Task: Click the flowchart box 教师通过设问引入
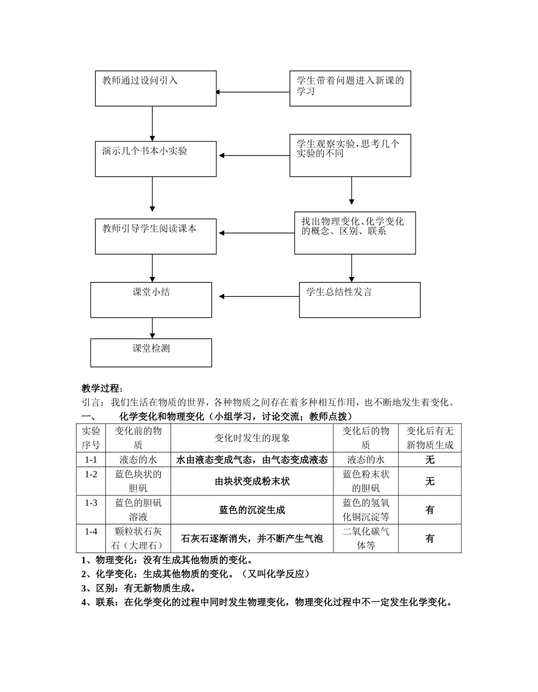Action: pyautogui.click(x=156, y=88)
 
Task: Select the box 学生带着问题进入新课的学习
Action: pyautogui.click(x=350, y=88)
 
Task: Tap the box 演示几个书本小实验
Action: pyautogui.click(x=156, y=159)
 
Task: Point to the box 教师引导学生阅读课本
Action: pyautogui.click(x=156, y=236)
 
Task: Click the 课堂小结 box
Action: pyautogui.click(x=151, y=300)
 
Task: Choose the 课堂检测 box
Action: pyautogui.click(x=151, y=353)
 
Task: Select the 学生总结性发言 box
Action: pyautogui.click(x=360, y=300)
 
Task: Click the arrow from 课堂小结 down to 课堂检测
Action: pyautogui.click(x=152, y=328)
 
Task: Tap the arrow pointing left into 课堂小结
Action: pyautogui.click(x=258, y=296)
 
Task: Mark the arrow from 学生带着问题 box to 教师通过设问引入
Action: pyautogui.click(x=253, y=92)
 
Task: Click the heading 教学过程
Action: pyautogui.click(x=102, y=388)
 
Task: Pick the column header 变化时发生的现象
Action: pyautogui.click(x=252, y=438)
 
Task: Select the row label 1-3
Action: pyautogui.click(x=91, y=503)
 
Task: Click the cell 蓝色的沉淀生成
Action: pyautogui.click(x=252, y=510)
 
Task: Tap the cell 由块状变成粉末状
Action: pyautogui.click(x=252, y=481)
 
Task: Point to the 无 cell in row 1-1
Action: pyautogui.click(x=430, y=460)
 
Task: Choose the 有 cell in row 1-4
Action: pyautogui.click(x=430, y=539)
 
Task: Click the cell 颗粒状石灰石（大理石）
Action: pyautogui.click(x=138, y=539)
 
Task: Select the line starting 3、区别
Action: pyautogui.click(x=139, y=588)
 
